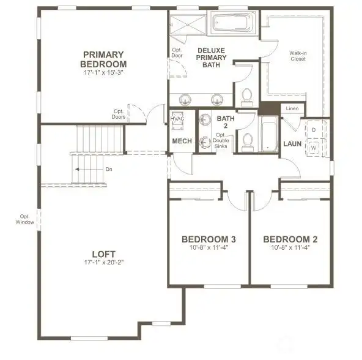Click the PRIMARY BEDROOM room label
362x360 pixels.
104,59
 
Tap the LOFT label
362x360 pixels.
103,253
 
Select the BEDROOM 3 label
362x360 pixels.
209,239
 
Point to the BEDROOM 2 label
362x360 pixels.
290,239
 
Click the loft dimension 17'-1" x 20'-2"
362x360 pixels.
103,263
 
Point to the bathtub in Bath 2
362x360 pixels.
268,135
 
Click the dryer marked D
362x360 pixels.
314,130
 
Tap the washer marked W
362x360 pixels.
314,148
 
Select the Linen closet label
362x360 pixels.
291,109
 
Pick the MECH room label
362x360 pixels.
182,141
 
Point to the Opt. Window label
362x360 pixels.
24,219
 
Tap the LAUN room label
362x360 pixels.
291,145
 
